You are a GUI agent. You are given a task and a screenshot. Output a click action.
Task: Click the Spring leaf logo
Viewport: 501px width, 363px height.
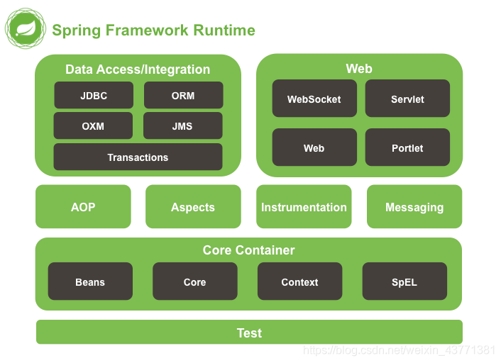[26, 28]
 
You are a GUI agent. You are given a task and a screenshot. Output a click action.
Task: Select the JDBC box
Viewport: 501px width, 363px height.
[94, 95]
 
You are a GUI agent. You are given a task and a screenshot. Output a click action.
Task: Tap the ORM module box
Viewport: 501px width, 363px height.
[183, 95]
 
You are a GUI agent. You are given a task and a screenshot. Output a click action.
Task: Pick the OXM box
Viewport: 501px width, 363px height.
[93, 125]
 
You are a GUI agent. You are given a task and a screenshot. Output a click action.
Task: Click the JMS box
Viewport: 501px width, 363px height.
[183, 125]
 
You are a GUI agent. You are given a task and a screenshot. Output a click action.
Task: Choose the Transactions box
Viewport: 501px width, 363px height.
[138, 157]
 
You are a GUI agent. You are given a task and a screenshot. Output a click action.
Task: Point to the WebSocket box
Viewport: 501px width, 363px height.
[314, 99]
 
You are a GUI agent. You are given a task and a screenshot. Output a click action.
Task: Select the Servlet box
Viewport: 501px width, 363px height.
[407, 99]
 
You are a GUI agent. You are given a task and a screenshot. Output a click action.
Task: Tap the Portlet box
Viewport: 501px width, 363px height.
[407, 147]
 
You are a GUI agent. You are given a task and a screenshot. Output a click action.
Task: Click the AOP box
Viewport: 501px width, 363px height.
[83, 206]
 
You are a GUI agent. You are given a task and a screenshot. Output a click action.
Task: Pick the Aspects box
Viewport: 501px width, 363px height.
[193, 206]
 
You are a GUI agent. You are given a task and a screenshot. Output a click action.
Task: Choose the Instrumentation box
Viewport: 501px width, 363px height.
[304, 206]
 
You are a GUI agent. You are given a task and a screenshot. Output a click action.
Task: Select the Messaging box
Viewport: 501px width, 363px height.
[414, 206]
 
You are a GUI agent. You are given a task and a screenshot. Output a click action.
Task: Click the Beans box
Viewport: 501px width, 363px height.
[90, 281]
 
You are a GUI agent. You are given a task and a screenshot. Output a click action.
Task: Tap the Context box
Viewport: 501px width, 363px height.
[299, 281]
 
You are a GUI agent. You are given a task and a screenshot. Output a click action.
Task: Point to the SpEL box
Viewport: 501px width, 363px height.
[404, 281]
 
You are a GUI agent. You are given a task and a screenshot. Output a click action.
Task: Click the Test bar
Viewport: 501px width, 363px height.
[249, 332]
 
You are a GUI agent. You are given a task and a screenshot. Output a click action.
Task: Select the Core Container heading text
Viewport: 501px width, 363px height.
[248, 250]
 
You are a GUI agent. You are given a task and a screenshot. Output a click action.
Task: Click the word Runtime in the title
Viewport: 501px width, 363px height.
[224, 30]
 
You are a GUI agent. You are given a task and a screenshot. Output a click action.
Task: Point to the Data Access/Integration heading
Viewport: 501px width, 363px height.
[138, 69]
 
